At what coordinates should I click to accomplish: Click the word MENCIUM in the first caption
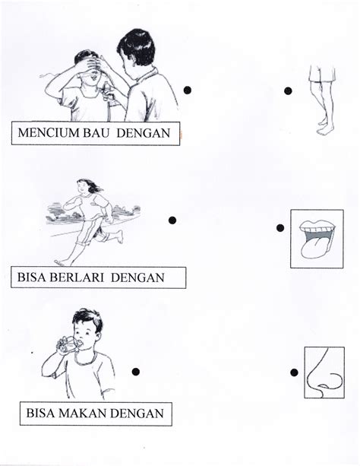49,133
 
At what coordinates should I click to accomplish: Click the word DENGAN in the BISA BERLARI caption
137,277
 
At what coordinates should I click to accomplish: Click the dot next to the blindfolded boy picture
187,90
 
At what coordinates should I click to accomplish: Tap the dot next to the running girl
172,220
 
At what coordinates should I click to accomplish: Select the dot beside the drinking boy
136,372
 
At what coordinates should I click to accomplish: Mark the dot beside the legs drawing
288,90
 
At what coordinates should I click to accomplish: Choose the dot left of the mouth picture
280,228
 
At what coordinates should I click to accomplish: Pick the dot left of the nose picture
294,372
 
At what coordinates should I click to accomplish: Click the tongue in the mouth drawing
313,247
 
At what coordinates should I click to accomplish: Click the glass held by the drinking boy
69,344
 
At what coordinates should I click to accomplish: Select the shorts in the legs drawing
322,73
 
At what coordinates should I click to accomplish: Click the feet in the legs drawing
324,128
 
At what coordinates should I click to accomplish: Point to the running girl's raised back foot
119,236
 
